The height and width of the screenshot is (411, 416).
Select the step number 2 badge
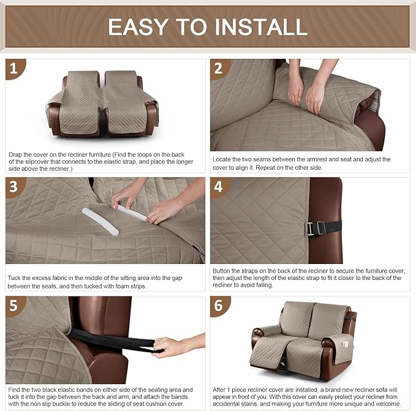pos(218,68)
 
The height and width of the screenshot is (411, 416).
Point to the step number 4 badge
pos(218,186)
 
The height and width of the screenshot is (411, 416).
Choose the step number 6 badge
pos(218,305)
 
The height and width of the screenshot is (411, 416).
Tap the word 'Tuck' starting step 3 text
pos(13,277)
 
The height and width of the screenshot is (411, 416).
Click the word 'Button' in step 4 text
pos(222,270)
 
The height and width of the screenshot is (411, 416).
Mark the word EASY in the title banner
pos(139,26)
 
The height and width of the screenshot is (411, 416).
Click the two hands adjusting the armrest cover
pos(306,92)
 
